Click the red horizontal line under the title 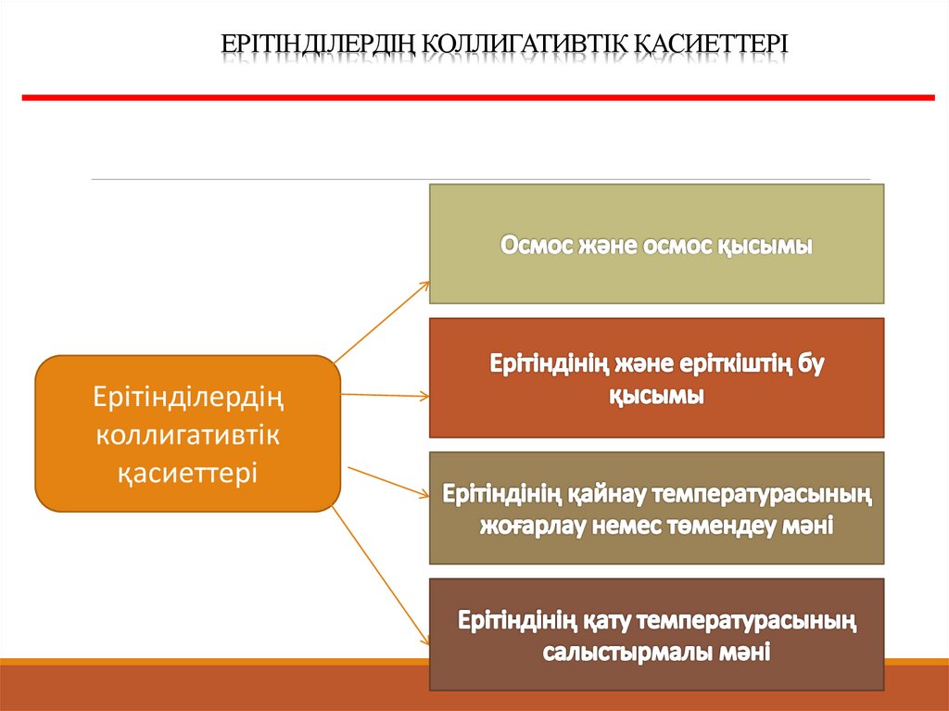pyautogui.click(x=477, y=96)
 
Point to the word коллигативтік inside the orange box pyautogui.click(x=187, y=435)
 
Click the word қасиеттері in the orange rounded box pyautogui.click(x=187, y=471)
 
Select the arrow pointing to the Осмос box pyautogui.click(x=383, y=320)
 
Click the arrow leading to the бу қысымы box pyautogui.click(x=385, y=396)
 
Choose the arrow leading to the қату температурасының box pyautogui.click(x=380, y=575)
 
